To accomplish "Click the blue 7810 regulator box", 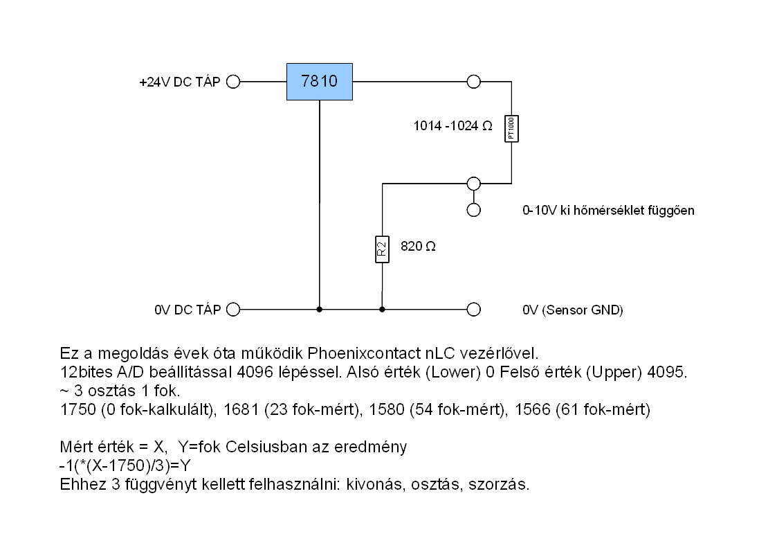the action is [320, 82].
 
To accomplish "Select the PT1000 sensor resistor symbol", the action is [511, 129].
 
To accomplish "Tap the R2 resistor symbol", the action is [382, 249].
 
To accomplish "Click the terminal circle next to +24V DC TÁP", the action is [233, 82].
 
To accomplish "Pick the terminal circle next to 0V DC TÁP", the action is [233, 310].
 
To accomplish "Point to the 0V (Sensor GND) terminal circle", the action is [474, 310].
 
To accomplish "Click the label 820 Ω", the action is [418, 246].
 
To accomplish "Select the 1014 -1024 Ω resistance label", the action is [453, 126].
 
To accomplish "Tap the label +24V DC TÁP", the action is [180, 82].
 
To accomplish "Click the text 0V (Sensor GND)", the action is [573, 310].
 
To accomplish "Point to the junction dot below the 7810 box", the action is [320, 310].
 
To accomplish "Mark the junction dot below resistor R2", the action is [382, 310].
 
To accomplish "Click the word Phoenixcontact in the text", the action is [364, 353].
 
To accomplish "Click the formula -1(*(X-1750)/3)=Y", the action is [125, 465].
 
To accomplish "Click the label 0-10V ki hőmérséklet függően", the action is [608, 211].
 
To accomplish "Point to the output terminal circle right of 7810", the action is [474, 82].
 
